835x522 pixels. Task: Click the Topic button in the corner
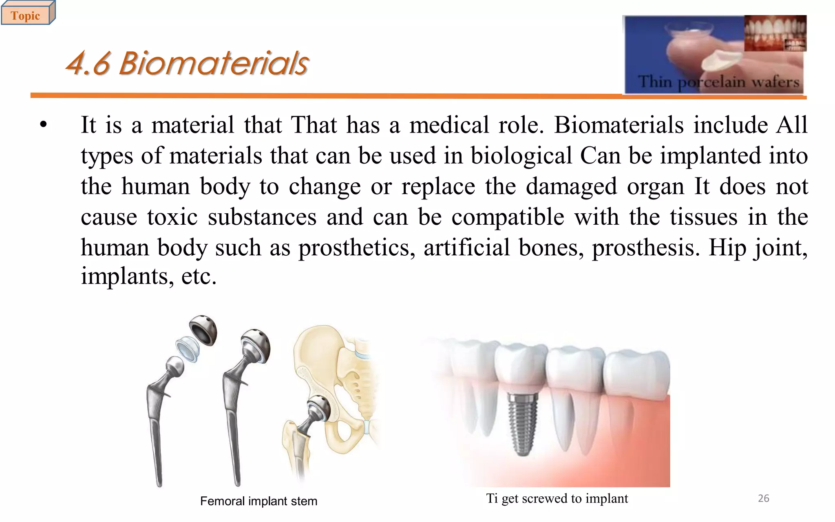25,15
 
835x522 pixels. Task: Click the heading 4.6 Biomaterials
187,64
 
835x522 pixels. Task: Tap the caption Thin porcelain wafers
718,82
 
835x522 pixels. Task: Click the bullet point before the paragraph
44,125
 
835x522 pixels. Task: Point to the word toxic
172,217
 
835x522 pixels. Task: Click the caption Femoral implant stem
258,501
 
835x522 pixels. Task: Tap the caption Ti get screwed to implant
557,498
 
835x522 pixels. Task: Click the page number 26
763,498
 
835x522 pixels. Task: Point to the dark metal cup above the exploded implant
203,330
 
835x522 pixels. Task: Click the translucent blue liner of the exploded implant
188,349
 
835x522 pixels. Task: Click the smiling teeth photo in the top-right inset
775,33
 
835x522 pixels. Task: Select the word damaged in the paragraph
571,187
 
